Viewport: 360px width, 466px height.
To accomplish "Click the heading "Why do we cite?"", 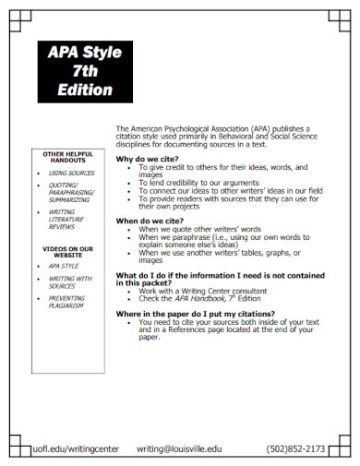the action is [148, 160].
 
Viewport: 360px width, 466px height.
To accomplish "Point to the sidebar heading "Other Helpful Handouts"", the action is [68, 157].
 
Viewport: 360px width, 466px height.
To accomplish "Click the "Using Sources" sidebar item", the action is [72, 173].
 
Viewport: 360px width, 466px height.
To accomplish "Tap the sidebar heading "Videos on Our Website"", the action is [68, 251].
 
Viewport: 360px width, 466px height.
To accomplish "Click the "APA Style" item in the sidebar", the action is [65, 266].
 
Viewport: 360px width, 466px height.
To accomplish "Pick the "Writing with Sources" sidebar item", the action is [70, 281].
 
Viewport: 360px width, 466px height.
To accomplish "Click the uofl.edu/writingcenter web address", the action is [76, 448].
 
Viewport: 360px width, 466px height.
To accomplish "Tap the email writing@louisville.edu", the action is [179, 448].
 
